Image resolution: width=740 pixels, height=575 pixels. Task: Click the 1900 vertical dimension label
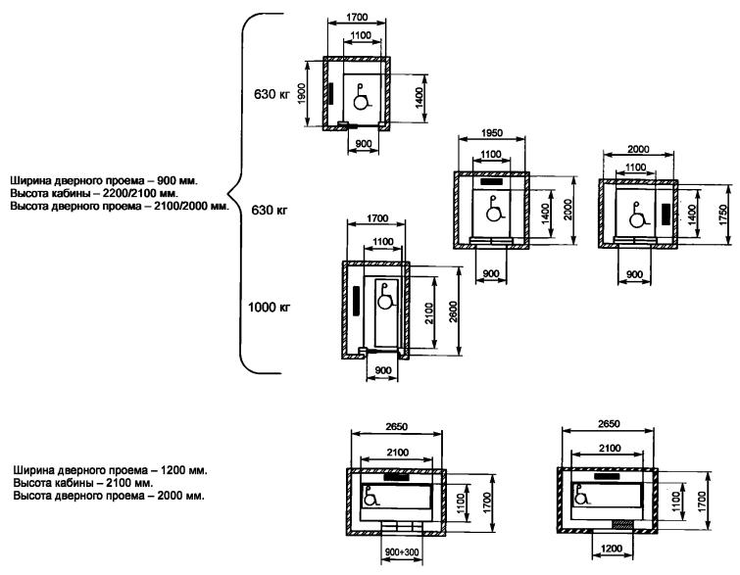[302, 94]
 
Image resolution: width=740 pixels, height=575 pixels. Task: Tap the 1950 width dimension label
[491, 133]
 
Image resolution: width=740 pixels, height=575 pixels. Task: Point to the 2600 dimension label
[453, 311]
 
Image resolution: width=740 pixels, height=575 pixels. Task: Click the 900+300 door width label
[402, 551]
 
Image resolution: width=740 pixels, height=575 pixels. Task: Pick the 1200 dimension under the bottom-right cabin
[612, 549]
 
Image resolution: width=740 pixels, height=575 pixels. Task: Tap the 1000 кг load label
[269, 308]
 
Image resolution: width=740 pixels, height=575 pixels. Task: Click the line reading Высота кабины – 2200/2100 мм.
[94, 193]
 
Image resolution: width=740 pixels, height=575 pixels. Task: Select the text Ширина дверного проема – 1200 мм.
[110, 470]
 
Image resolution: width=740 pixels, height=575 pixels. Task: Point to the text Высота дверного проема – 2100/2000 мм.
[120, 206]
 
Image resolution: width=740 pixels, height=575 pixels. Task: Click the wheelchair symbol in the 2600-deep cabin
[385, 296]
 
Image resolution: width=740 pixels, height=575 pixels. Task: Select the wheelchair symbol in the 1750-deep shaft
[638, 215]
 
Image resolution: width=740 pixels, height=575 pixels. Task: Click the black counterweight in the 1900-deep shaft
[331, 93]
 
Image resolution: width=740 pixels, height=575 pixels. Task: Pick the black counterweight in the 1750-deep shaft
[666, 215]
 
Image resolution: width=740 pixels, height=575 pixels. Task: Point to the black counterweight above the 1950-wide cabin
[491, 181]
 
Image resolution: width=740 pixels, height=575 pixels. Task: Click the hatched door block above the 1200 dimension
[622, 524]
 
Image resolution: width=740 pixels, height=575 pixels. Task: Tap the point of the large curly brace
[228, 193]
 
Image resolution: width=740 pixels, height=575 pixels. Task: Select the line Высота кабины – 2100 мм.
[83, 483]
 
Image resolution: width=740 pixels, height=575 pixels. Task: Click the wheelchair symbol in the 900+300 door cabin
[371, 497]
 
